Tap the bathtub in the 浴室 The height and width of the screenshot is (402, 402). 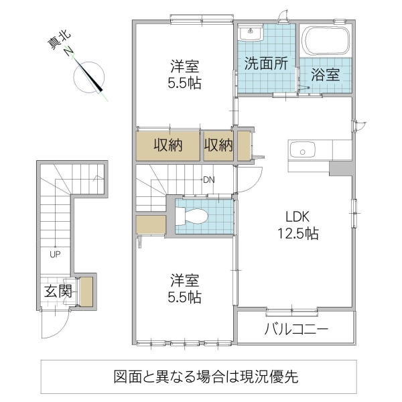[326, 42]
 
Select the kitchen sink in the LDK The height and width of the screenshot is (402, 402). [306, 151]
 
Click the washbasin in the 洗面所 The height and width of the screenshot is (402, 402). [250, 34]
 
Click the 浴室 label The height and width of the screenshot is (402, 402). [325, 75]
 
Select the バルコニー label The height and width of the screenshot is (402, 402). [295, 330]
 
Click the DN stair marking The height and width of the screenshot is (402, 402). [210, 180]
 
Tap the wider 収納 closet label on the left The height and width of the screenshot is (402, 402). [169, 145]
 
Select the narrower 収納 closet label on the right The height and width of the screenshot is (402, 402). [218, 145]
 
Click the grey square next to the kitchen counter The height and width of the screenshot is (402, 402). [340, 167]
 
